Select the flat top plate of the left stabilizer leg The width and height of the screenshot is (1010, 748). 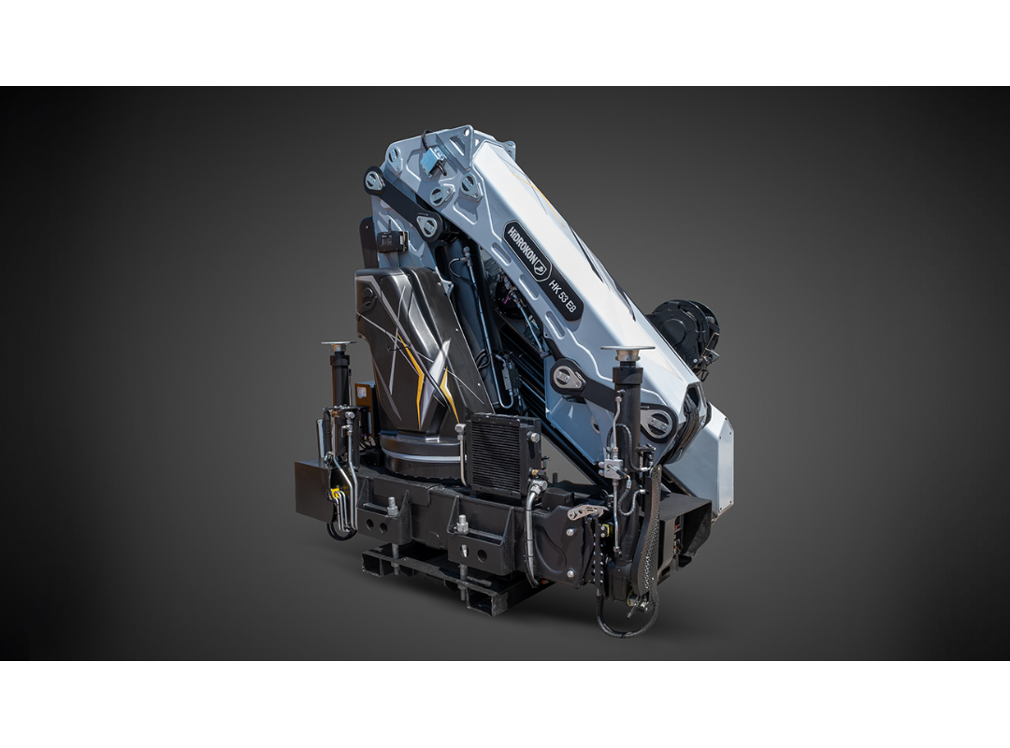click(x=338, y=343)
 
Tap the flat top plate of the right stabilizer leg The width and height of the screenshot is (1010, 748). click(x=627, y=349)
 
